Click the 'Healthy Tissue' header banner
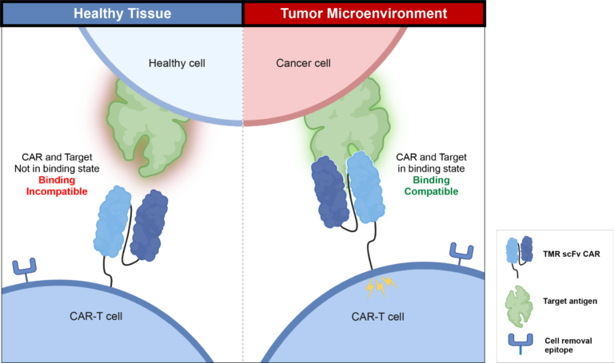point(122,13)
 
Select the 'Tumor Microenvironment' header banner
point(364,13)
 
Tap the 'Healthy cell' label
point(177,62)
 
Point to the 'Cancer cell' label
point(303,62)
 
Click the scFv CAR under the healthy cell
point(132,223)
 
